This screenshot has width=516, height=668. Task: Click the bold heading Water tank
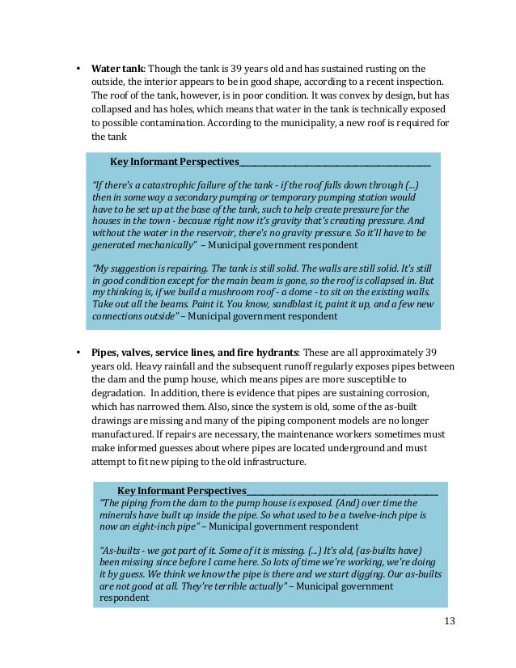click(x=116, y=69)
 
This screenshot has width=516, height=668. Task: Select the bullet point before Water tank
click(x=78, y=69)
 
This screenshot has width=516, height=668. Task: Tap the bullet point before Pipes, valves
click(x=78, y=353)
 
